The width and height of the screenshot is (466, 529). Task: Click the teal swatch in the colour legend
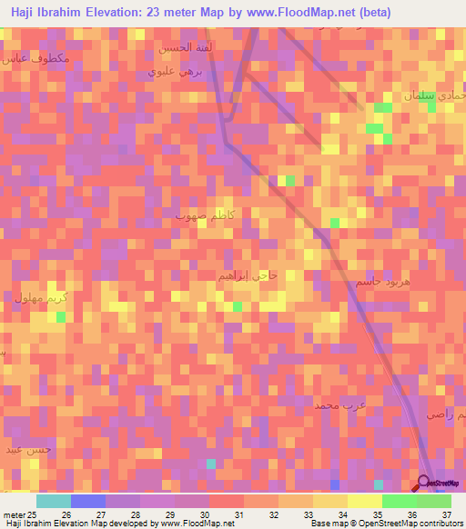coord(53,501)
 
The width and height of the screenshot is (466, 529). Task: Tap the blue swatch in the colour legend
coord(87,501)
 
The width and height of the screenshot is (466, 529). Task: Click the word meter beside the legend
coord(14,514)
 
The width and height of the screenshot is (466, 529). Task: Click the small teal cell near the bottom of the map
coord(211,464)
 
